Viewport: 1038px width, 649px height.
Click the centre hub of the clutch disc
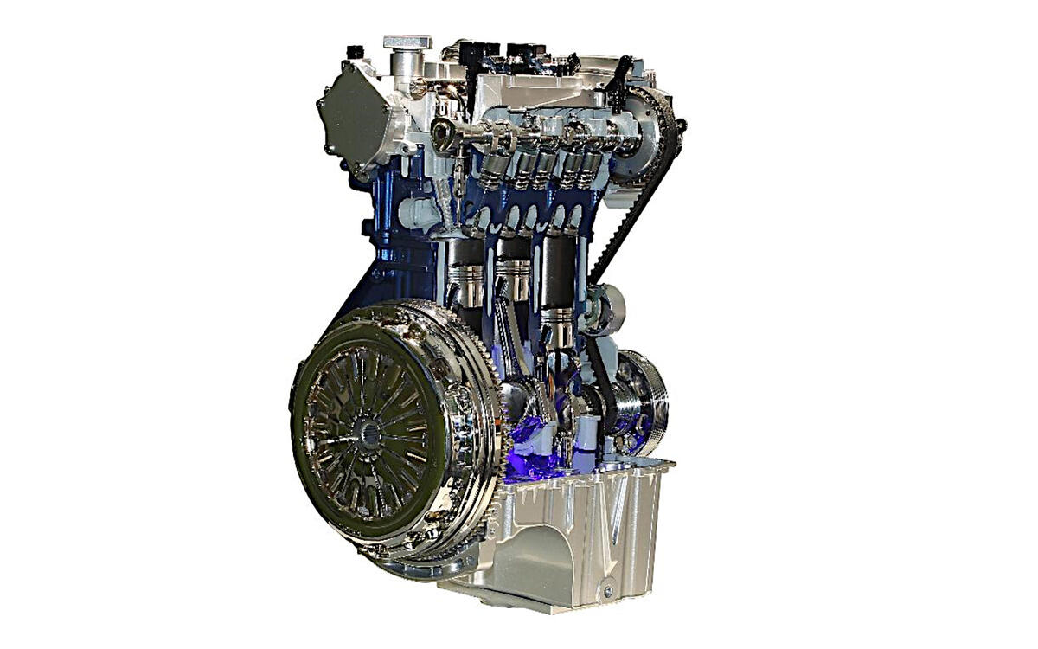click(368, 431)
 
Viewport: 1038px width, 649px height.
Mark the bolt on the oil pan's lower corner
click(608, 591)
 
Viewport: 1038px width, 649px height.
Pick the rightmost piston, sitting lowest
click(558, 324)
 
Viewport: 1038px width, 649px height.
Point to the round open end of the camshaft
click(443, 134)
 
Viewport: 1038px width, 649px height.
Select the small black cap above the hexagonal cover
click(354, 53)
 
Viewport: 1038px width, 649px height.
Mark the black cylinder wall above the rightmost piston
click(558, 268)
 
